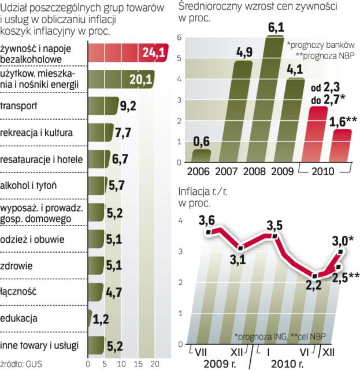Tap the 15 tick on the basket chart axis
(137, 364)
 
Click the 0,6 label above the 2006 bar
(202, 141)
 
